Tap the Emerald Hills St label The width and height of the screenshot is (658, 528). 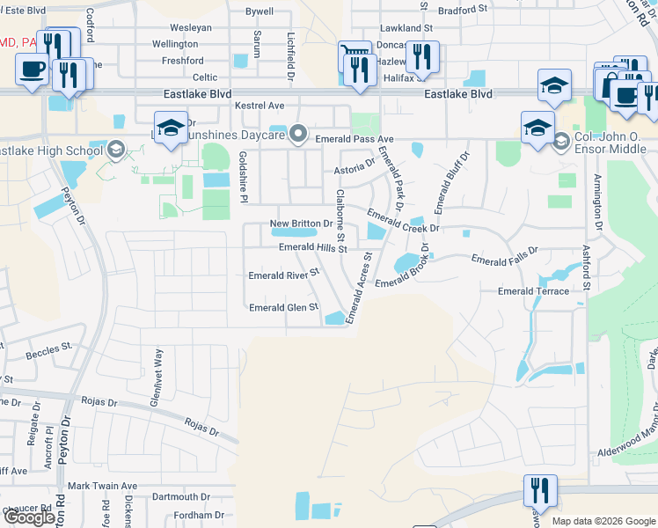point(313,248)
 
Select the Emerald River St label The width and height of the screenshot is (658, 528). point(282,275)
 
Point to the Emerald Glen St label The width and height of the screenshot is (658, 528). point(283,308)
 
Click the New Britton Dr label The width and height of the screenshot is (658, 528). point(299,224)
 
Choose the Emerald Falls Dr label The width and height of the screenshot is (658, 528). point(504,260)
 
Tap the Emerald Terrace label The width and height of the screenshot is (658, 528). point(533,291)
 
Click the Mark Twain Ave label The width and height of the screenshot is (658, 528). point(103,486)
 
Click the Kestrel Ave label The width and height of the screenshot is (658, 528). point(260,106)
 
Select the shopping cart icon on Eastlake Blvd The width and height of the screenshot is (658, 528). point(353,55)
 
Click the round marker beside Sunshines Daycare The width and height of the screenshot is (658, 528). point(299,134)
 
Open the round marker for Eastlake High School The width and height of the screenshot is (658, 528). point(115,150)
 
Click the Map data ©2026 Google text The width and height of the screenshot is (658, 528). point(603,521)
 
